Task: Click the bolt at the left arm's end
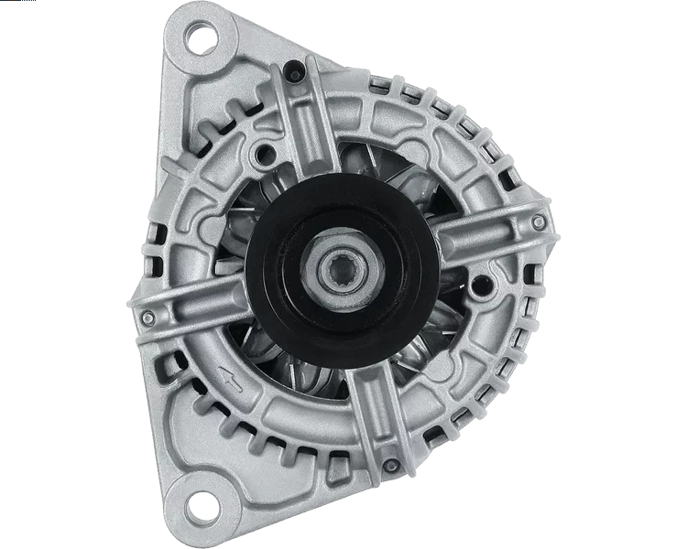147,318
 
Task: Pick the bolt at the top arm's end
292,70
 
